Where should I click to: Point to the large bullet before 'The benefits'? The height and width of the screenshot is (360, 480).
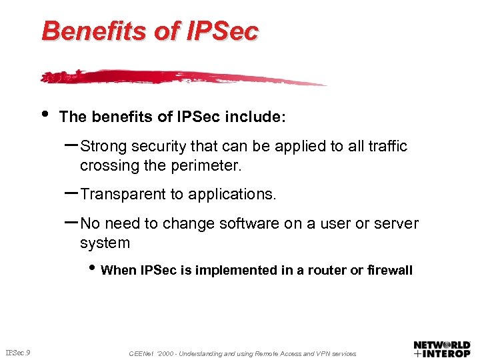tap(45, 113)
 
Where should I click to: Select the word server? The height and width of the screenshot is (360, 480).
tap(395, 224)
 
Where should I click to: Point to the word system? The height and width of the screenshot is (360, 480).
tap(105, 243)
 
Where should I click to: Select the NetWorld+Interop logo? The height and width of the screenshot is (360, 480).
tap(441, 349)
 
